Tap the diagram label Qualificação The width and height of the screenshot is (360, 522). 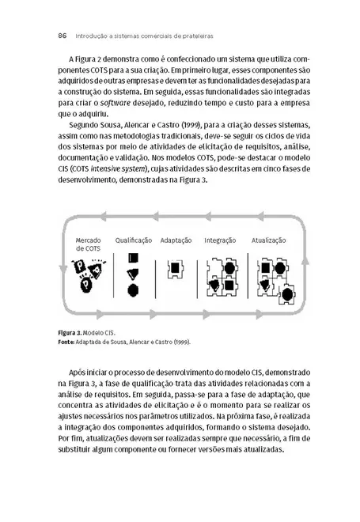tap(133, 240)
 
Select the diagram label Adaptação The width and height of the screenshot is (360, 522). tap(176, 240)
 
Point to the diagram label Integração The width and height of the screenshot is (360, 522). tap(220, 240)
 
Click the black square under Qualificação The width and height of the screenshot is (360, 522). tap(133, 259)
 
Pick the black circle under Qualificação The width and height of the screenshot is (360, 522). tap(133, 289)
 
